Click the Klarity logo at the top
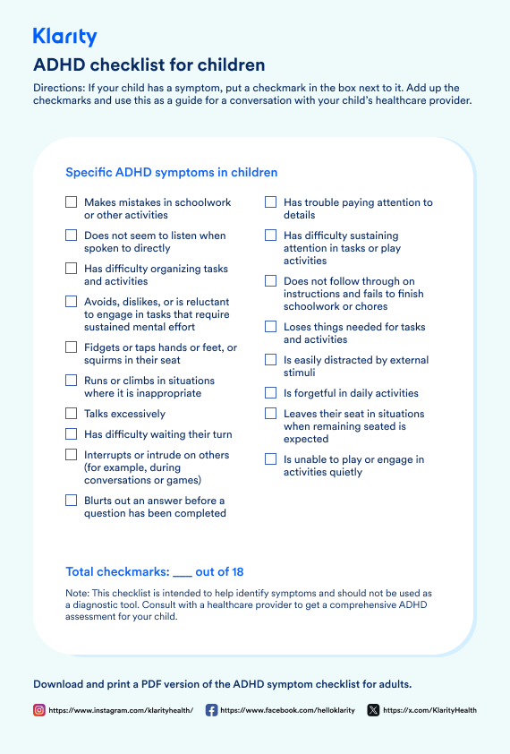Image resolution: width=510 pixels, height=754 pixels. click(x=64, y=37)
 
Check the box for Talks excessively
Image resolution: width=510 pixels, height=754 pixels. click(x=72, y=414)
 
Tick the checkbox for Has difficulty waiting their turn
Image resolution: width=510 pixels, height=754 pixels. click(x=72, y=434)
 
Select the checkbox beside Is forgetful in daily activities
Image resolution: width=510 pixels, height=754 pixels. click(x=270, y=393)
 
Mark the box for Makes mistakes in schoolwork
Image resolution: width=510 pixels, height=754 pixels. click(x=72, y=202)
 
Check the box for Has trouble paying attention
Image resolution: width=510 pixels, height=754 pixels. click(x=270, y=202)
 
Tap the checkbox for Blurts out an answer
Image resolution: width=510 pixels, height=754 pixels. click(x=72, y=501)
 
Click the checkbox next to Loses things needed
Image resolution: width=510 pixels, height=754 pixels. click(x=270, y=327)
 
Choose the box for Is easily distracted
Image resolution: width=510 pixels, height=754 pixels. click(x=270, y=360)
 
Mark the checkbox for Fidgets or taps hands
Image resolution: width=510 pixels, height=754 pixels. click(x=72, y=347)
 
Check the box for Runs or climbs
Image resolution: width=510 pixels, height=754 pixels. click(x=72, y=381)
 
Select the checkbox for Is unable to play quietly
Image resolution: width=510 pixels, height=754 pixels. click(x=270, y=459)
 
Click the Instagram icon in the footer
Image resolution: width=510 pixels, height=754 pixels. click(x=39, y=710)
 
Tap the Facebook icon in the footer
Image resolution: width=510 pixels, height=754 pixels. click(x=211, y=710)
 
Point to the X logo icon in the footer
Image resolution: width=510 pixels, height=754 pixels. click(x=373, y=710)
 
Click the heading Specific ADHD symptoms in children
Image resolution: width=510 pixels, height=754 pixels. click(x=172, y=172)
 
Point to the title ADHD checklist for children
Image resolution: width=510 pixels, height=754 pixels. click(x=149, y=65)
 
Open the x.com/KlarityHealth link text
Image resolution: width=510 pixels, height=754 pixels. click(x=429, y=710)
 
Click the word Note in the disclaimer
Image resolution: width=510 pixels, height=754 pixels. click(x=77, y=593)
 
